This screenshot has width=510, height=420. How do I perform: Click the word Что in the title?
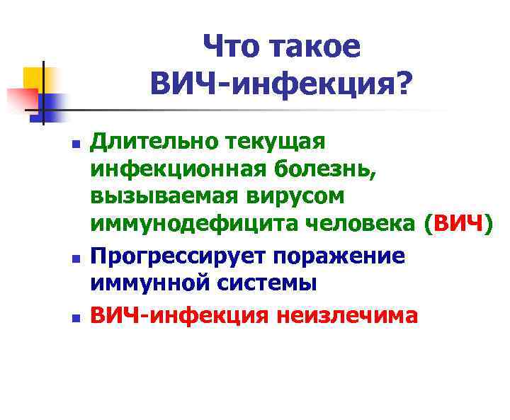[x=232, y=48]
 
